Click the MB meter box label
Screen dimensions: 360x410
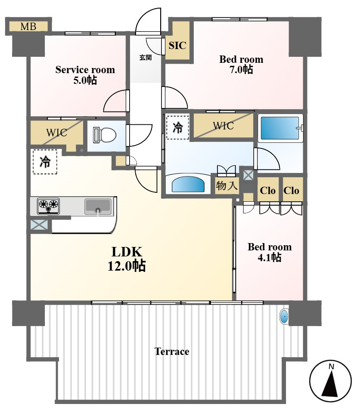click(x=28, y=26)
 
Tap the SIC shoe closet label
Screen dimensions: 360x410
click(x=177, y=46)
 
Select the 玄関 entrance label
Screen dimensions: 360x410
click(x=145, y=57)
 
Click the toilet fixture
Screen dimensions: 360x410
click(x=105, y=135)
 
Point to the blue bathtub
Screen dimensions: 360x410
click(x=279, y=128)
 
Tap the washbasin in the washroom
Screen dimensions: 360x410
click(x=188, y=184)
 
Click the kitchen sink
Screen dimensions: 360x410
click(x=98, y=207)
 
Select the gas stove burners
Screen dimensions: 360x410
click(x=48, y=206)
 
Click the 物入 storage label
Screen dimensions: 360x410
click(x=227, y=186)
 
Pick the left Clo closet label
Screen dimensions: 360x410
click(x=267, y=191)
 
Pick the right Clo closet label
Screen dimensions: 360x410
click(x=291, y=191)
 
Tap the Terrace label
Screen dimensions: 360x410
click(x=172, y=351)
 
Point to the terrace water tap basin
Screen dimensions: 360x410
click(x=284, y=317)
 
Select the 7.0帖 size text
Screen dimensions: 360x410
click(x=241, y=70)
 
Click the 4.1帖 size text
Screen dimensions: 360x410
click(x=270, y=258)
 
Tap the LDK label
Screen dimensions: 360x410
click(x=127, y=252)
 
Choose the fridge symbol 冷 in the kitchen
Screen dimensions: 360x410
click(x=45, y=162)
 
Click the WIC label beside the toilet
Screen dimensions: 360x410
click(x=56, y=133)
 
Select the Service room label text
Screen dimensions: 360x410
click(x=85, y=70)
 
